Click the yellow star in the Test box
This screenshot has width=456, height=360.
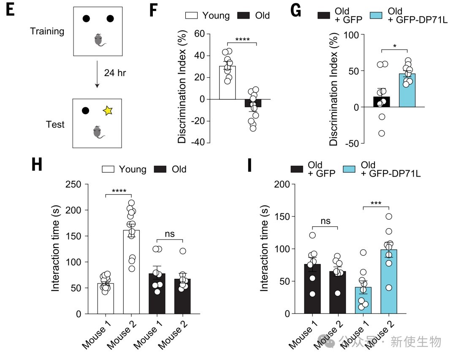click(108, 111)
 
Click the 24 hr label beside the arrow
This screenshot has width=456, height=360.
click(115, 73)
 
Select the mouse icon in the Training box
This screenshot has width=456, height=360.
click(99, 40)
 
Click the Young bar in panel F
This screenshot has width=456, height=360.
click(227, 83)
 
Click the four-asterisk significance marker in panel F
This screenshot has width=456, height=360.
click(242, 40)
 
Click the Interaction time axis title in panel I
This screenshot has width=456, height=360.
click(264, 249)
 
